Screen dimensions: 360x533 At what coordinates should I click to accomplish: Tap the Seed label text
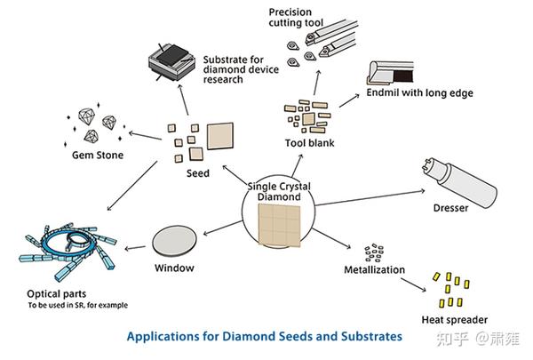196,173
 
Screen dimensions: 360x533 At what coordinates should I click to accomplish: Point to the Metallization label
374,269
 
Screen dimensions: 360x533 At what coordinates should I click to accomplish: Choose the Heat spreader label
453,319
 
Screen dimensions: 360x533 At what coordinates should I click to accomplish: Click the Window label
173,268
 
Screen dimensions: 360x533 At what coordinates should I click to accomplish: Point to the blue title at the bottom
264,337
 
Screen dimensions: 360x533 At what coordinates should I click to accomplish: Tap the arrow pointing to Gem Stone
142,132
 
